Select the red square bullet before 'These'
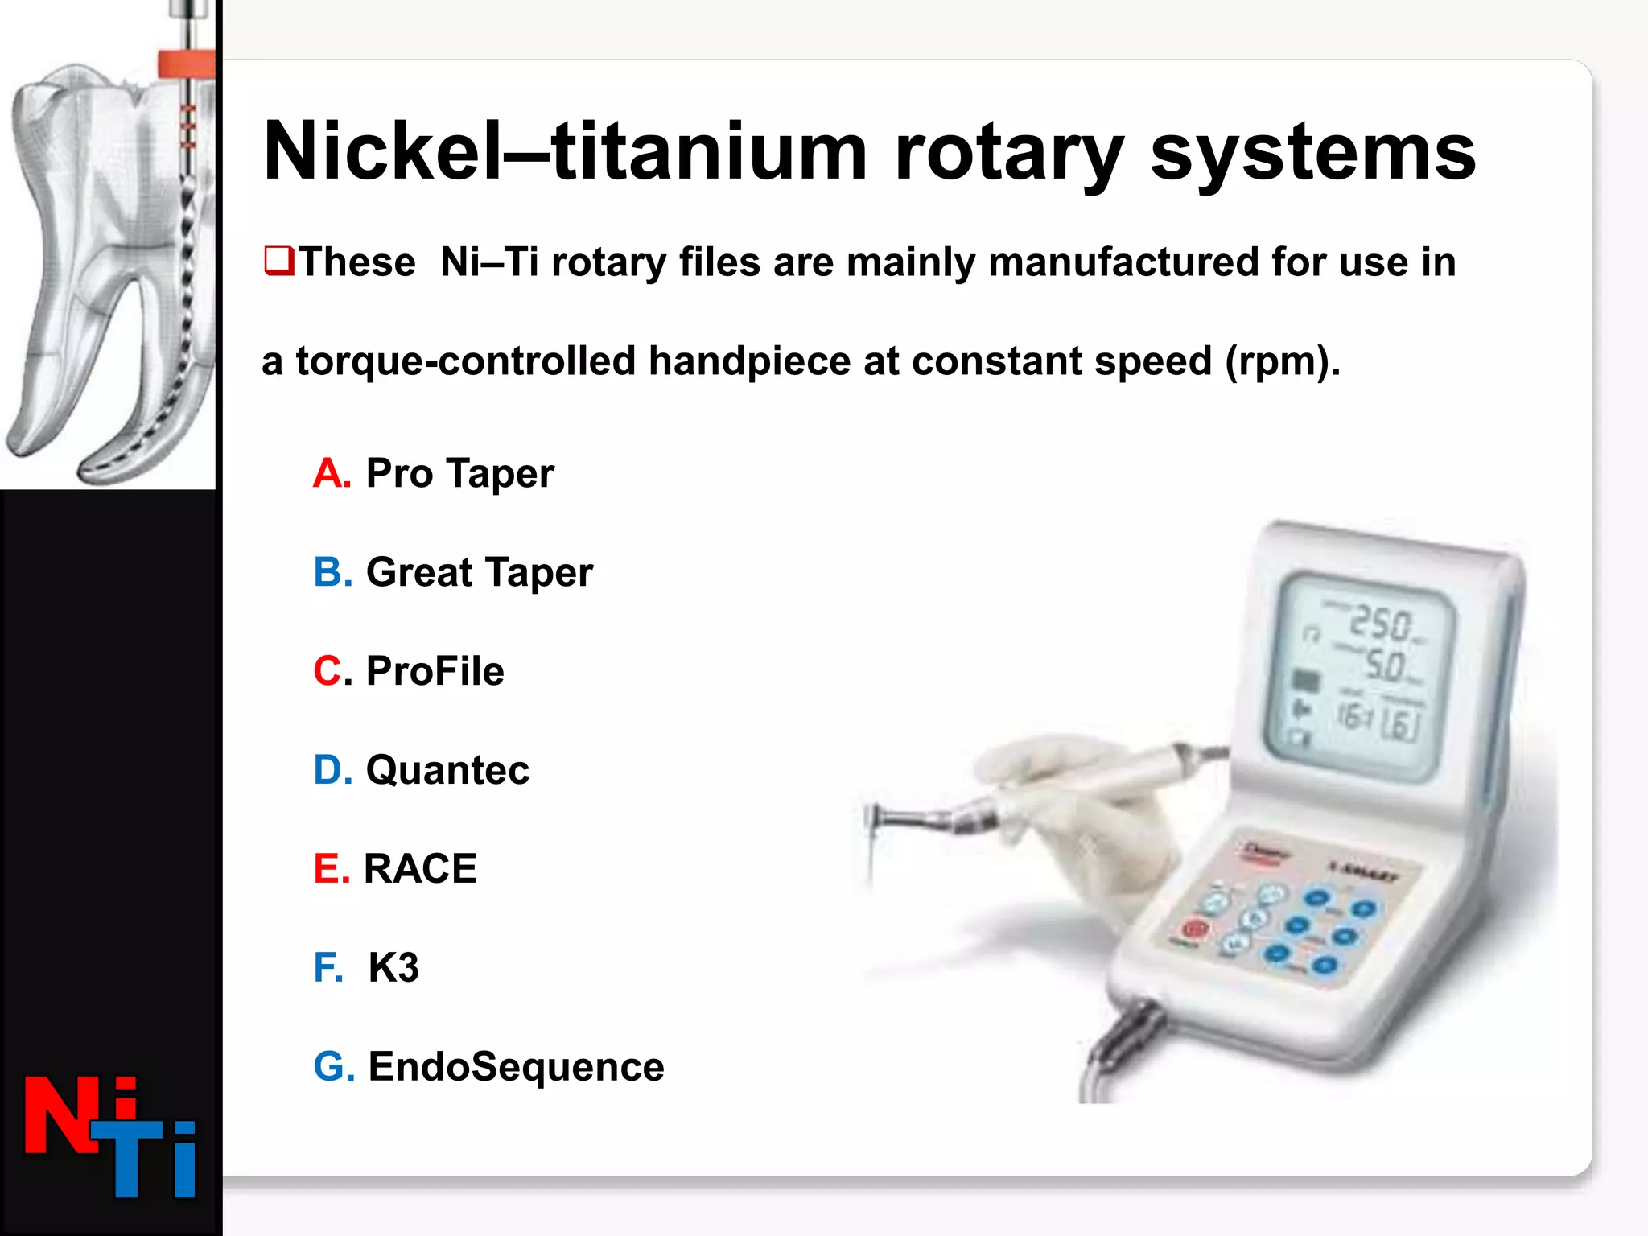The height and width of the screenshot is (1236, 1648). point(278,261)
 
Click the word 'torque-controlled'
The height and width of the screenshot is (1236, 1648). point(466,360)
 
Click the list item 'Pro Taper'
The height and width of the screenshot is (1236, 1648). point(459,473)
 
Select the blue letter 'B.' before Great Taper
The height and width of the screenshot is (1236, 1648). point(332,572)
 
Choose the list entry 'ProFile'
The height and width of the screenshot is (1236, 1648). point(435,671)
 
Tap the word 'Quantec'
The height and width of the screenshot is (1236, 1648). point(447,770)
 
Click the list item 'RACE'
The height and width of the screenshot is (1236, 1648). point(420,869)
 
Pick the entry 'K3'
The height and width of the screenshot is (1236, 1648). point(393,968)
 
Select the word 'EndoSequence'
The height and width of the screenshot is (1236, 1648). point(516,1067)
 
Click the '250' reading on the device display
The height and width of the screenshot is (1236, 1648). point(1379,623)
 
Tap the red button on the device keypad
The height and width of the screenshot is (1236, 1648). point(1195,929)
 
